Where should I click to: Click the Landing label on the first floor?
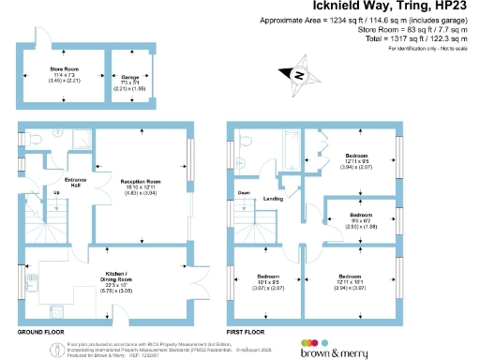tap(273, 199)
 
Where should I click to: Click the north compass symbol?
tap(299, 75)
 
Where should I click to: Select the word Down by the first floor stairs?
tap(245, 193)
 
